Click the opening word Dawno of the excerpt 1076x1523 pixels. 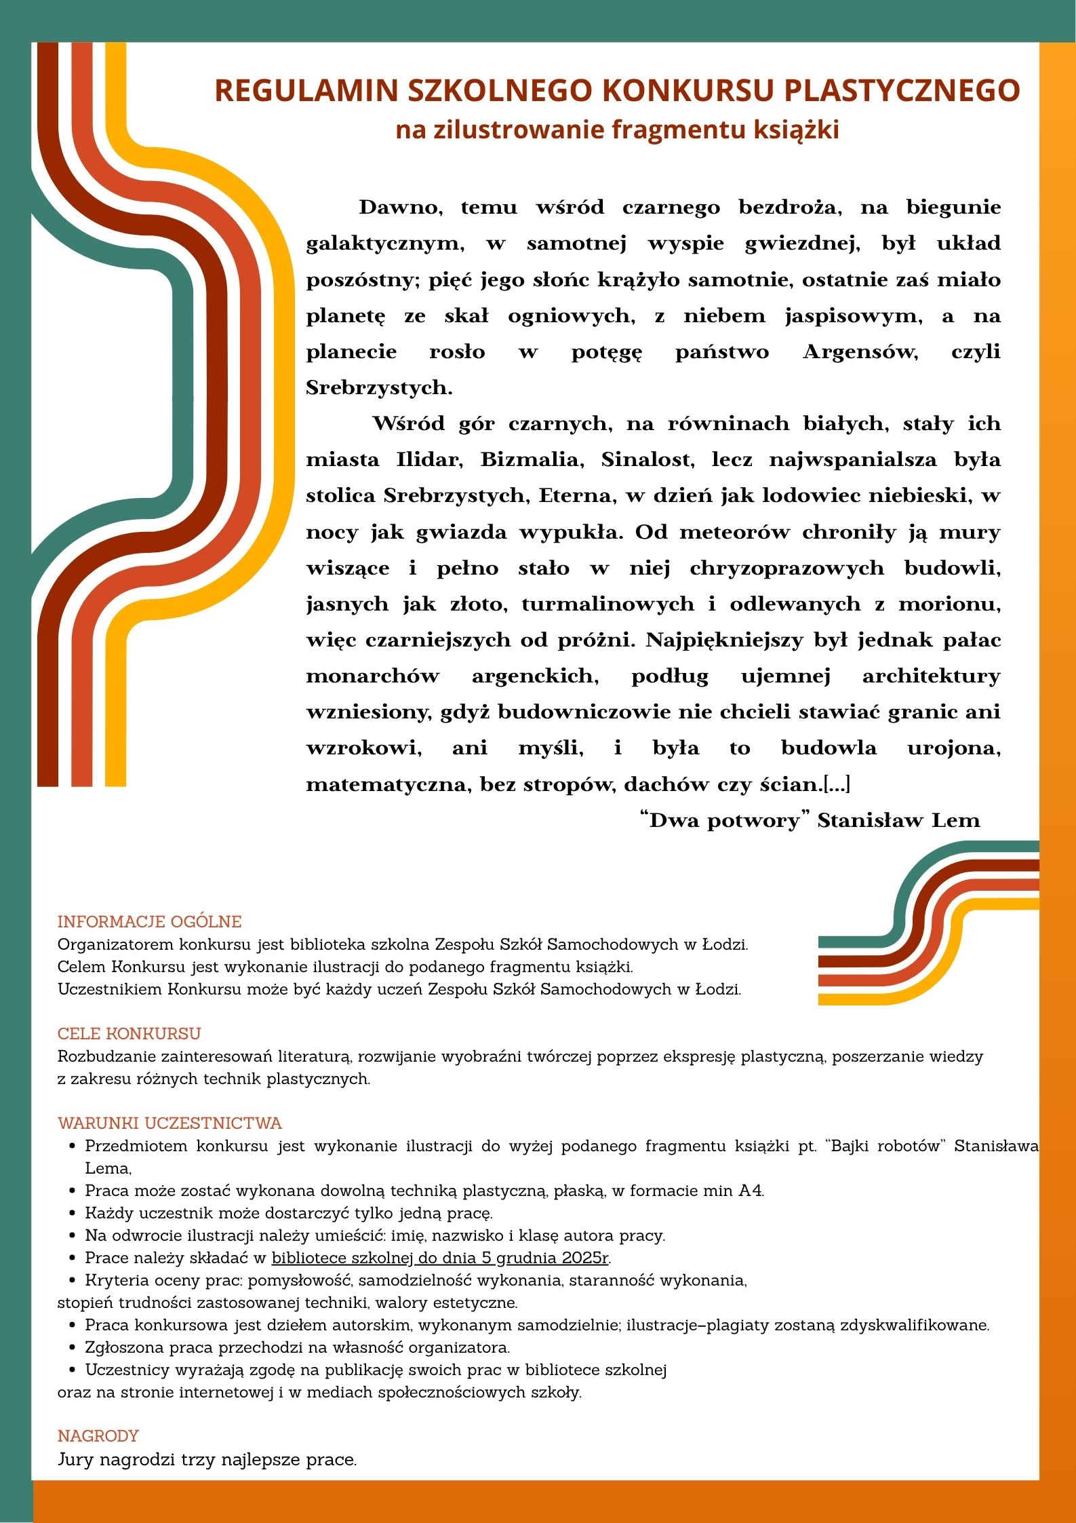click(x=400, y=207)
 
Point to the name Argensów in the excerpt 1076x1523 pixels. click(x=860, y=352)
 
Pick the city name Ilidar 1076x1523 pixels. click(x=429, y=460)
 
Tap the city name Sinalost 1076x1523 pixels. click(x=647, y=460)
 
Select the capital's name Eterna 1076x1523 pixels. click(x=577, y=496)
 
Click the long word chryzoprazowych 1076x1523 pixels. click(x=786, y=568)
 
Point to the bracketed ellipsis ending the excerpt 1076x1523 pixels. click(x=837, y=785)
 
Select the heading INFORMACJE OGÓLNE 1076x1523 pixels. click(x=149, y=922)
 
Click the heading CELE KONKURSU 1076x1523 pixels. click(x=129, y=1034)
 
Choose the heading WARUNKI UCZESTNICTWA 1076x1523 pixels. click(x=170, y=1123)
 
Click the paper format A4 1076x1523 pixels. click(x=751, y=1191)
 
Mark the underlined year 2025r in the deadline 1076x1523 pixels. click(x=585, y=1258)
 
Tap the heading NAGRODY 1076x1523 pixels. click(x=98, y=1436)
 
